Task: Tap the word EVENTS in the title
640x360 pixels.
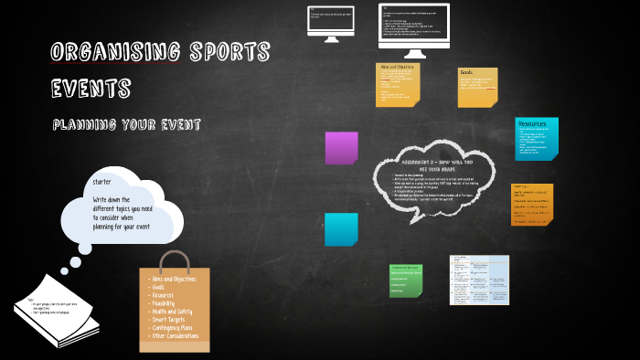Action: pyautogui.click(x=91, y=89)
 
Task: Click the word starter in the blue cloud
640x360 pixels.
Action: pyautogui.click(x=101, y=183)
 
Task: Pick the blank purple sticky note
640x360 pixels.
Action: pyautogui.click(x=341, y=148)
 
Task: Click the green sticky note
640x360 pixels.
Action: pyautogui.click(x=406, y=281)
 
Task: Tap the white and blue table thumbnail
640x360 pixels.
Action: pyautogui.click(x=478, y=281)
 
